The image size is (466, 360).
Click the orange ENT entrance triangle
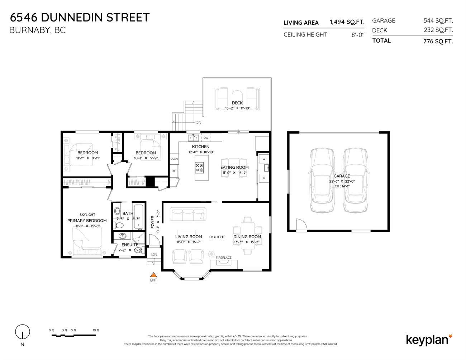153,275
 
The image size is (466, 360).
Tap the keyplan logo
429,339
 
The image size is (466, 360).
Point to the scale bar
74,335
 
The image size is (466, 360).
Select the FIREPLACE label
223,258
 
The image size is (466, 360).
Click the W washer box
264,158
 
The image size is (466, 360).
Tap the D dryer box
264,178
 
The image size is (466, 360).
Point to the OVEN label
174,159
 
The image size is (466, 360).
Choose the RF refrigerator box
174,171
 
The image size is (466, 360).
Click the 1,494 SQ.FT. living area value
347,22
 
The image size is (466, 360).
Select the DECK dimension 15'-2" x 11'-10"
237,108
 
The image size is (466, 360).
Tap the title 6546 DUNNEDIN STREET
80,17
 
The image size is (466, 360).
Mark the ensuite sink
123,236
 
